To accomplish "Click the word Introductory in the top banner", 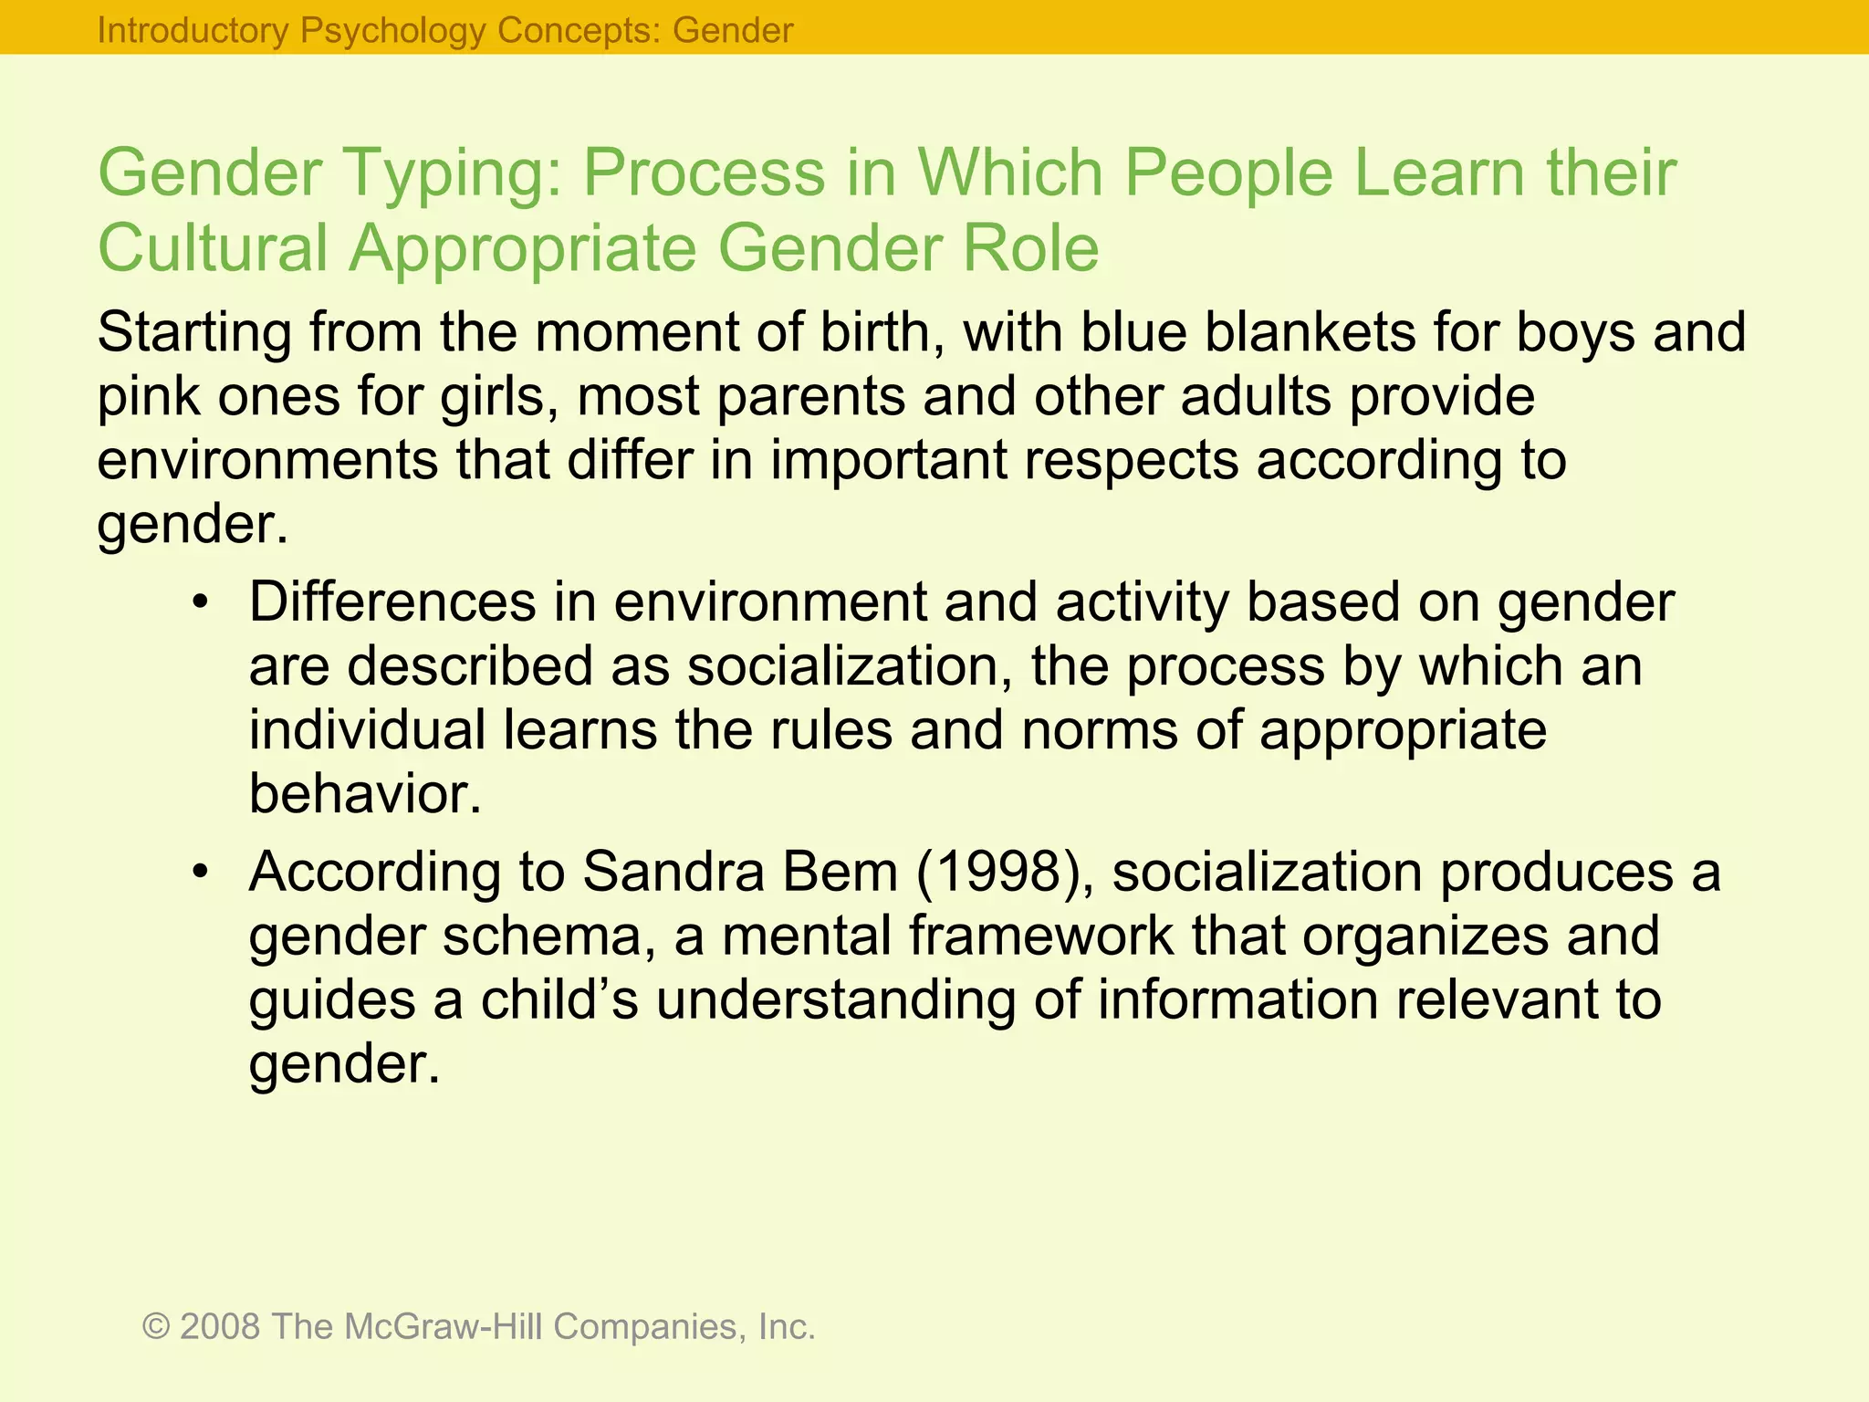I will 193,31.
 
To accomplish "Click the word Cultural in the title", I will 213,248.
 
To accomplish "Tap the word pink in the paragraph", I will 148,396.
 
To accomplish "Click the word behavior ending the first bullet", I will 364,794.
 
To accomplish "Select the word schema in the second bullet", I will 542,936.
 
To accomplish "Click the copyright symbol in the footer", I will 156,1326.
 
